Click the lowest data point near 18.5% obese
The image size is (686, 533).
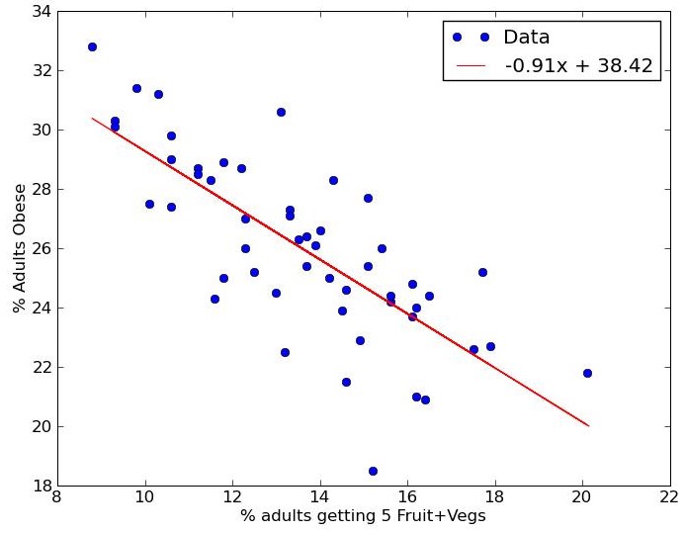click(x=373, y=471)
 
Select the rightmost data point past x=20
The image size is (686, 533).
click(x=587, y=373)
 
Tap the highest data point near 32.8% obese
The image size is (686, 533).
click(x=92, y=46)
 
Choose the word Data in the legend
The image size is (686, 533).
click(x=526, y=38)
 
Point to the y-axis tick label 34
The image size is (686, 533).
click(x=41, y=12)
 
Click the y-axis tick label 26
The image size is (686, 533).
click(x=41, y=249)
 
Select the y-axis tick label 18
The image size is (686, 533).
click(x=41, y=486)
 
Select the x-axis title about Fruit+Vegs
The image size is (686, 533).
click(x=363, y=516)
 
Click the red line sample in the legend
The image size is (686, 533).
click(x=471, y=65)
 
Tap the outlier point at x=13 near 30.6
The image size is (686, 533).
click(x=281, y=112)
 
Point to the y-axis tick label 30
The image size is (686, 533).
click(x=41, y=131)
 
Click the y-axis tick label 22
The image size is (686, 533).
click(x=41, y=367)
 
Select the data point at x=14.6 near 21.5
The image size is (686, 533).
click(x=346, y=382)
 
